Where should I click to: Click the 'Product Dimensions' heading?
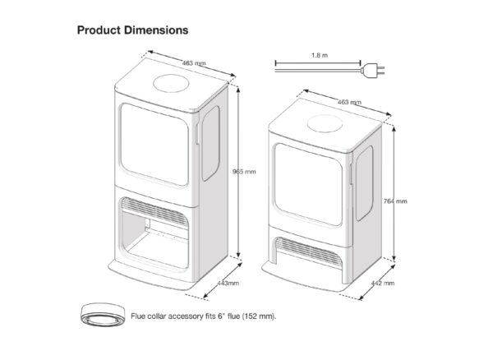click(x=132, y=30)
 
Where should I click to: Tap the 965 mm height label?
click(x=245, y=172)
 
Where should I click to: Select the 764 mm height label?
click(x=395, y=201)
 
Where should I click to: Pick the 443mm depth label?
click(x=228, y=282)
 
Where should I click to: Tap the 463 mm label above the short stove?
click(x=349, y=102)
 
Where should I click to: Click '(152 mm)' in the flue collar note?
click(x=257, y=315)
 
